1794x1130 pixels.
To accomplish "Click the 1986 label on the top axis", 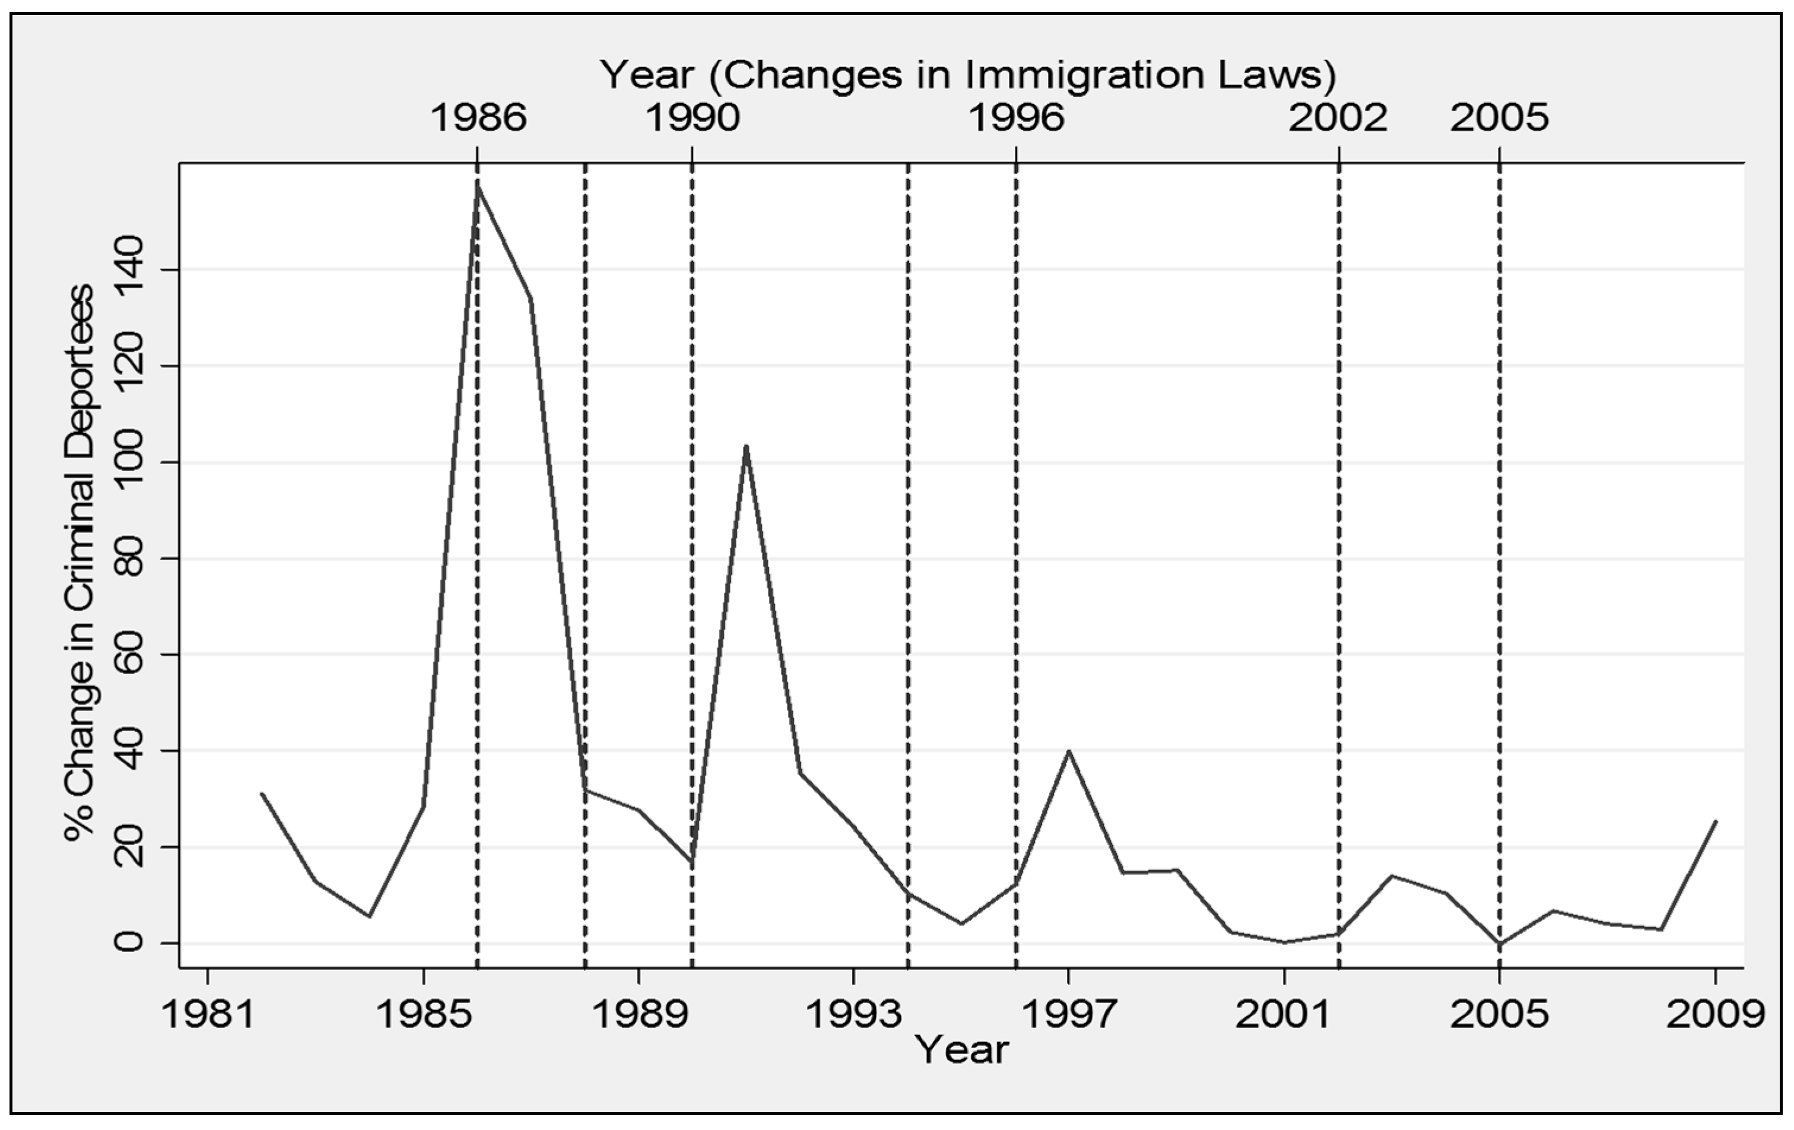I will click(x=478, y=118).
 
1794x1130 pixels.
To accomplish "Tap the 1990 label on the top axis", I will click(x=692, y=118).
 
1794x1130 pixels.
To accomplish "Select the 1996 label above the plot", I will click(x=1016, y=118).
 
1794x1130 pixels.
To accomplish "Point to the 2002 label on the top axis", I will click(x=1338, y=118).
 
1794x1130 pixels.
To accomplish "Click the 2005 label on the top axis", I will click(x=1499, y=118).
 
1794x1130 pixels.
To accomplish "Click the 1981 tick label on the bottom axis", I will click(x=208, y=1014).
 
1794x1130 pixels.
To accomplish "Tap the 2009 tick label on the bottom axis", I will click(x=1714, y=1014).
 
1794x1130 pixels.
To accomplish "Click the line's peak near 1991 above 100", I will click(x=746, y=446).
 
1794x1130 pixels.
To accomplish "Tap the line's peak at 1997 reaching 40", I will click(x=1069, y=751).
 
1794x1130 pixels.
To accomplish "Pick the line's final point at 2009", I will click(x=1716, y=821).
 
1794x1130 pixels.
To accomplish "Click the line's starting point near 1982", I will click(x=262, y=794).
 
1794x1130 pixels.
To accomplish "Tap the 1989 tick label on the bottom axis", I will click(x=639, y=1014).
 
